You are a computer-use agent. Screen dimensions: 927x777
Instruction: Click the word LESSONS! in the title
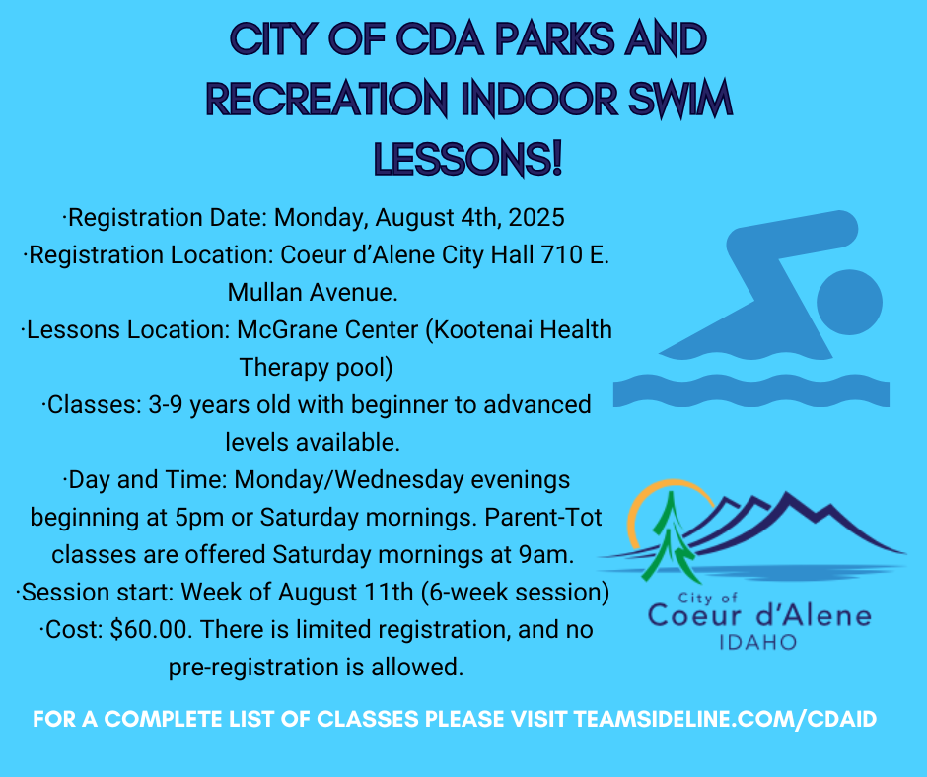(467, 159)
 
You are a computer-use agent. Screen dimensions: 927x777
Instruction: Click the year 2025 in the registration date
(536, 217)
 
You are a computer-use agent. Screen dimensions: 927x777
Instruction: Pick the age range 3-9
(166, 404)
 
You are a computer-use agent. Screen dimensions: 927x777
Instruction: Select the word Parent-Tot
(543, 517)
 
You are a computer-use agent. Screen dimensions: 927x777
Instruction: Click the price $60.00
(151, 629)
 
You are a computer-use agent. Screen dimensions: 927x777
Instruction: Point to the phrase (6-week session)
(515, 592)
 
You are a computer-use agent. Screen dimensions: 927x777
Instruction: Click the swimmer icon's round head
(849, 302)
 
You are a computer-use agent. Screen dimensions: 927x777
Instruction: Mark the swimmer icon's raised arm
(792, 248)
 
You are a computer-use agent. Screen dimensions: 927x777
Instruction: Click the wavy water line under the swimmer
(750, 390)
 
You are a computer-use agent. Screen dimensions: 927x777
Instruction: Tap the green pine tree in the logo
(671, 538)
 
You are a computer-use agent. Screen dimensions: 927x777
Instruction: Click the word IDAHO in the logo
(758, 642)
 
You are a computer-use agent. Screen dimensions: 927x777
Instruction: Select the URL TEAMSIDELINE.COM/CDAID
(725, 719)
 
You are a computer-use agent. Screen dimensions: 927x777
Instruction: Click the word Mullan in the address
(263, 292)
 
